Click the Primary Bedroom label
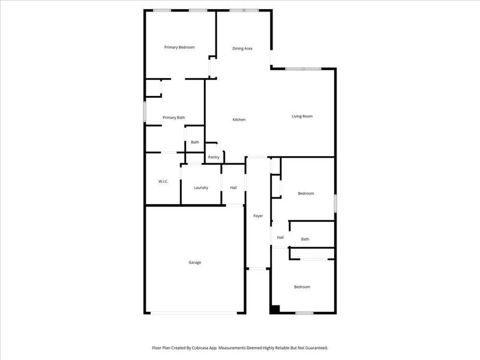179,47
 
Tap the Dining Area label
242,49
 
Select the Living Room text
302,116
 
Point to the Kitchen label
239,120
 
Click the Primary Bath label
173,118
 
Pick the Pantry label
214,157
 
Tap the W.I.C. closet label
163,181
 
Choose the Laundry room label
201,188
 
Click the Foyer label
258,216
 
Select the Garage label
195,262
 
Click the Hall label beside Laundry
233,188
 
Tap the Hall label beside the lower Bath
280,238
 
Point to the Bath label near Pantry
195,142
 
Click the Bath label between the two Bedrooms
305,239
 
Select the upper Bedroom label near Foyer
306,193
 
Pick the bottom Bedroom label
302,287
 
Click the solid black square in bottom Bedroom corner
275,310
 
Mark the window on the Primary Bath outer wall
145,113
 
